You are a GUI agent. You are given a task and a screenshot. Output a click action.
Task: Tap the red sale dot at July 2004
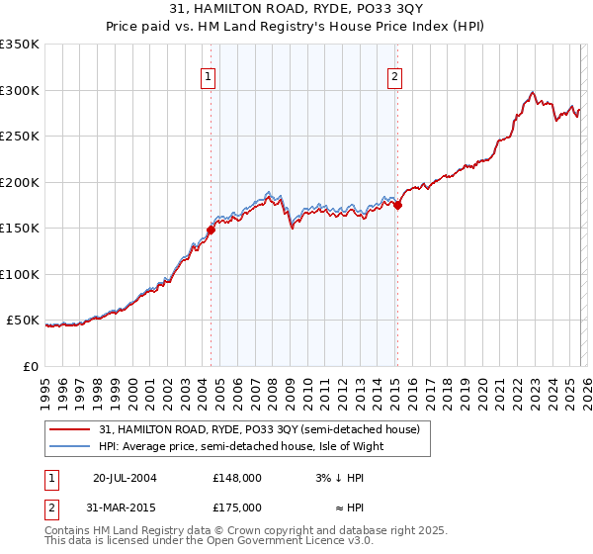pos(211,230)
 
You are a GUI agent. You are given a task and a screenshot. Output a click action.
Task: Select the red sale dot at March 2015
pos(397,205)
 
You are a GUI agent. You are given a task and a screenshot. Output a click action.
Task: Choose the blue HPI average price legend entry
pos(240,446)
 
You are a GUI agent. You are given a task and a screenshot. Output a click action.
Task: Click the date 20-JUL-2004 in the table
pos(125,477)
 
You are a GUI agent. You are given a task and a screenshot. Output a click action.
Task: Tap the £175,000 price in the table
pos(237,507)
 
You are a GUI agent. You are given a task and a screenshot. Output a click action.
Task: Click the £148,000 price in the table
pos(237,477)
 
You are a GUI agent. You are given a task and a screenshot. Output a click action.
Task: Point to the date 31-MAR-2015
pos(125,507)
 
